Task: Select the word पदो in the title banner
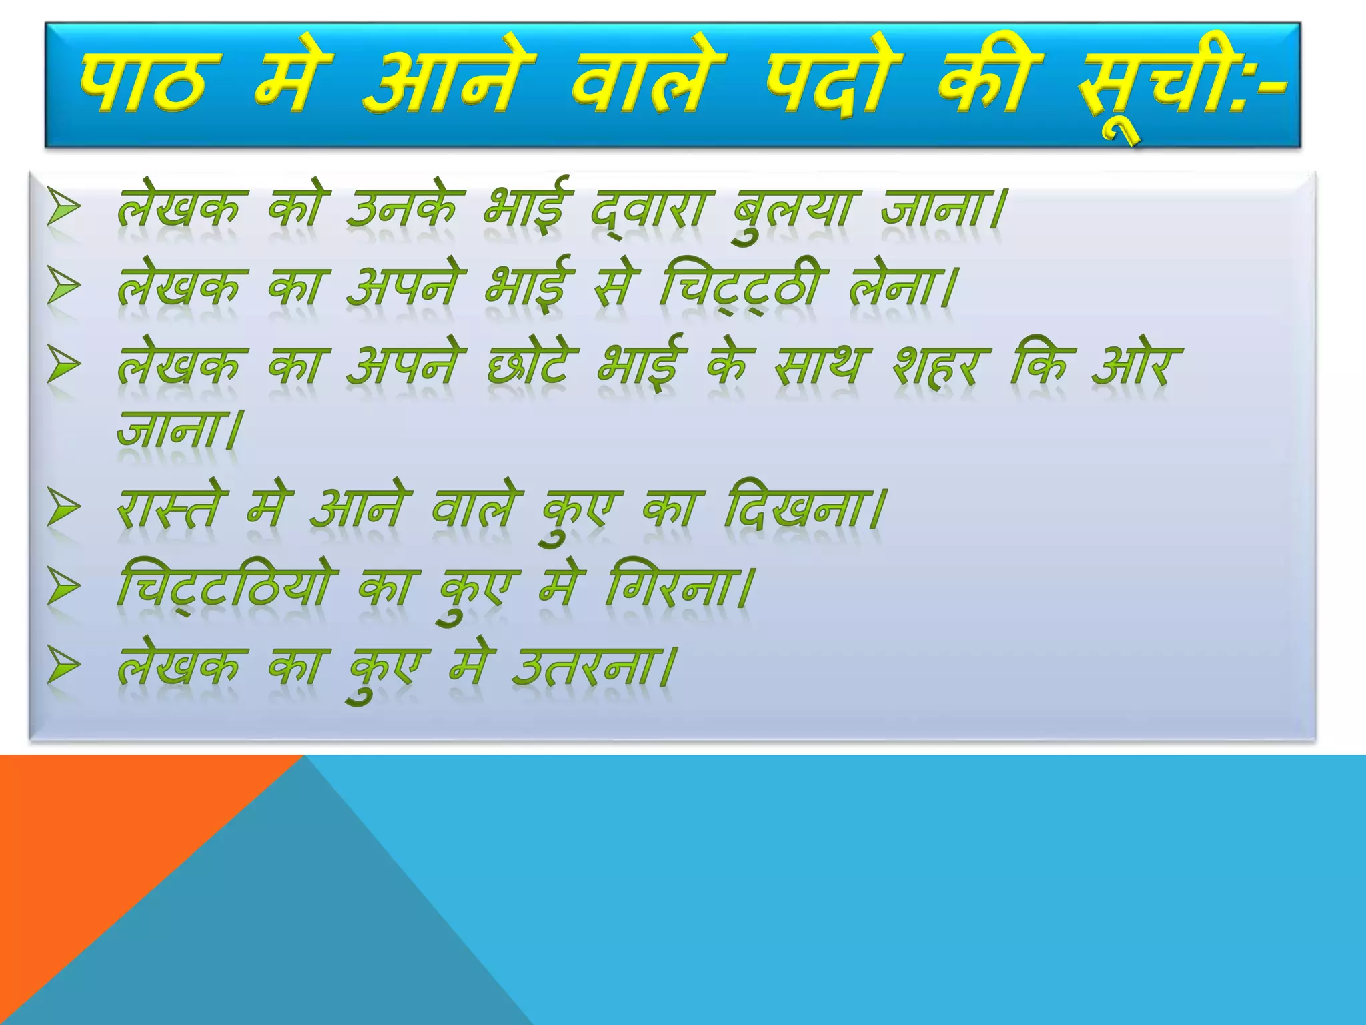834,83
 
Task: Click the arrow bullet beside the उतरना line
64,667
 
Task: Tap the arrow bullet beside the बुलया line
64,208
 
